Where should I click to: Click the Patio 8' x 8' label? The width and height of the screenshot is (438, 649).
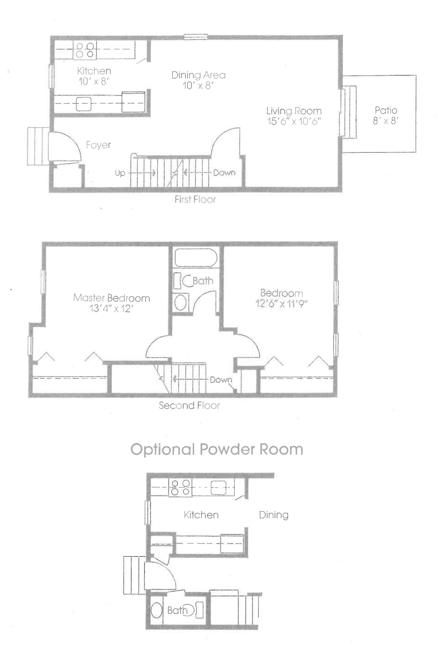click(x=386, y=115)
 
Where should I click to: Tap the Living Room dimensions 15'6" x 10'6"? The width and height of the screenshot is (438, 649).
click(x=294, y=121)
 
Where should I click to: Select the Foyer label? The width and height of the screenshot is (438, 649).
click(x=98, y=145)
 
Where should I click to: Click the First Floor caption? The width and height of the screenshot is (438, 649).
click(x=195, y=200)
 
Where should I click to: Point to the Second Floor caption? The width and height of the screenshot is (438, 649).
click(x=189, y=405)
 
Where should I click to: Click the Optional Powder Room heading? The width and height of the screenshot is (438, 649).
click(x=217, y=449)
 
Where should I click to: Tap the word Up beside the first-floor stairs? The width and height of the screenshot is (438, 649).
click(x=120, y=173)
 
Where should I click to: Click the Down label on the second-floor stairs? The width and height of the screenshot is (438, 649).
click(x=221, y=380)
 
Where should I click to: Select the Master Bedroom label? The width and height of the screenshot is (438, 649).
click(x=112, y=298)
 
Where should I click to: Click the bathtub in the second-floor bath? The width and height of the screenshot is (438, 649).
click(x=196, y=258)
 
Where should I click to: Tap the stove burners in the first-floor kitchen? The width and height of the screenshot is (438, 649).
click(x=85, y=50)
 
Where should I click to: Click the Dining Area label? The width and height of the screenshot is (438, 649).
click(x=198, y=75)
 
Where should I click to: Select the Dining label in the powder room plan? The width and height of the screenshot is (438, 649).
click(x=274, y=515)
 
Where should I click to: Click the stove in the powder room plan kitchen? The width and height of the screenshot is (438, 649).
click(x=180, y=487)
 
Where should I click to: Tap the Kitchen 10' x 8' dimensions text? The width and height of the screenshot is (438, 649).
click(x=94, y=81)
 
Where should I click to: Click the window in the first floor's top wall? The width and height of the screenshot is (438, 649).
click(x=196, y=37)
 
